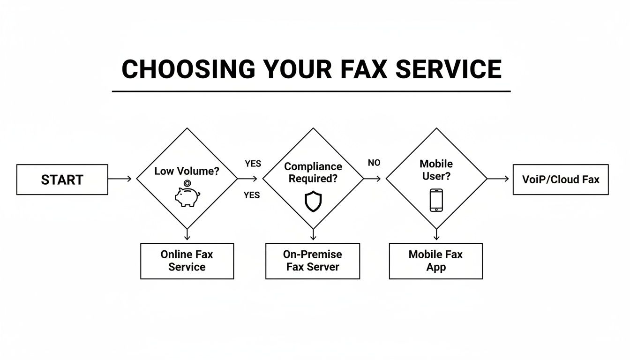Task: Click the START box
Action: tap(62, 180)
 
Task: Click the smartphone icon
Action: tap(436, 200)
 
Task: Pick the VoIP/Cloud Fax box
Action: tap(561, 180)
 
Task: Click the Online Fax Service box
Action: tap(187, 261)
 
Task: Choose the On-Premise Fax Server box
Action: tap(313, 261)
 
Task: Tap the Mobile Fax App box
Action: tap(436, 261)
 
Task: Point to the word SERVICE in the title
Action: tap(449, 69)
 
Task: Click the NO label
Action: tap(374, 163)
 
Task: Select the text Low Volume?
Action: tap(187, 171)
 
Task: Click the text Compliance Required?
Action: tap(313, 172)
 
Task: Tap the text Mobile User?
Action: tap(436, 170)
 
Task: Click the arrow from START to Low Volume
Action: tap(120, 179)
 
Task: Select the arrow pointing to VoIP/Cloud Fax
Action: tap(498, 179)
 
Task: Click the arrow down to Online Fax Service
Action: tap(187, 234)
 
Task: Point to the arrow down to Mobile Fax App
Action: tap(436, 234)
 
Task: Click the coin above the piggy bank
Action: tap(187, 184)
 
